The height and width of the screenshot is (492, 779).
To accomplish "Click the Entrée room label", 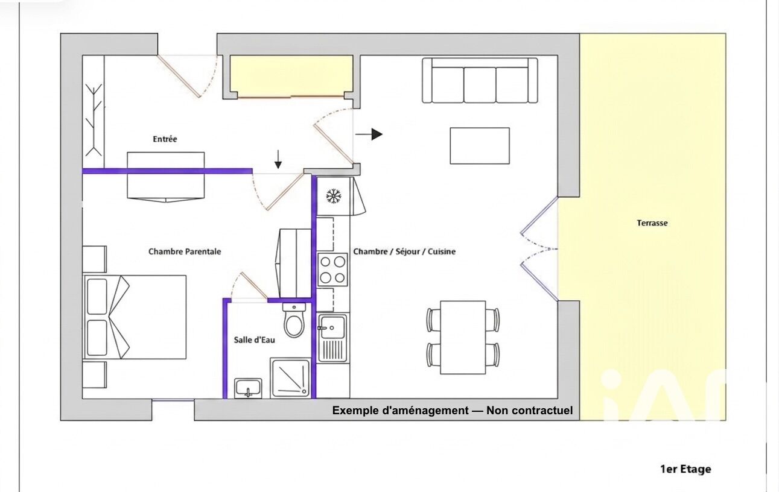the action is click(x=165, y=139).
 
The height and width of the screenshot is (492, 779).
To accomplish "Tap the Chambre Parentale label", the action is click(x=185, y=251).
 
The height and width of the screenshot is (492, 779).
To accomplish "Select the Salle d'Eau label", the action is click(x=254, y=340).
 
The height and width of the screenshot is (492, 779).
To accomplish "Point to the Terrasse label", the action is click(x=652, y=223).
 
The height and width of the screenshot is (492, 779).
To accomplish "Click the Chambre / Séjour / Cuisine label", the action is click(x=404, y=251).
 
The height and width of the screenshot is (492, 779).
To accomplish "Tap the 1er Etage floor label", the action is click(x=685, y=469).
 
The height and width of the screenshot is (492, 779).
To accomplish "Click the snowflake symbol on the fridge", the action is click(x=334, y=196).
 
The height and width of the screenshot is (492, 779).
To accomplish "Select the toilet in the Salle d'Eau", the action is click(x=294, y=320).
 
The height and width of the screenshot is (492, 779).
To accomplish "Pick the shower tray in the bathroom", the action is click(x=290, y=378).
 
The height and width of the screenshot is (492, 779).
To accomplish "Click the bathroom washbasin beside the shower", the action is click(x=248, y=388).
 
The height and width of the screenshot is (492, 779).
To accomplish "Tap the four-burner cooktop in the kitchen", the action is click(x=332, y=270).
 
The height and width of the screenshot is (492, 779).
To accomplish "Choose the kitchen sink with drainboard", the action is click(x=332, y=338).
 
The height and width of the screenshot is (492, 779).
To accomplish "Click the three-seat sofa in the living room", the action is click(x=480, y=81).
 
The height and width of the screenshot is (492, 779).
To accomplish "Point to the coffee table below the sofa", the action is click(x=480, y=145).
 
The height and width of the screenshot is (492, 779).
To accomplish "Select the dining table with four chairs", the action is click(x=463, y=338).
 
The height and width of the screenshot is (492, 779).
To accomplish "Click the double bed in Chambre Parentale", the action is click(x=135, y=317).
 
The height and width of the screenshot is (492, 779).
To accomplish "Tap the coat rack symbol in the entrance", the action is click(x=94, y=120).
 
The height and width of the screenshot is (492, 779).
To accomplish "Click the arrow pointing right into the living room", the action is click(x=369, y=134).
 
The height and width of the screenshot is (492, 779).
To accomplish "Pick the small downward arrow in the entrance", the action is click(x=278, y=160).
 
